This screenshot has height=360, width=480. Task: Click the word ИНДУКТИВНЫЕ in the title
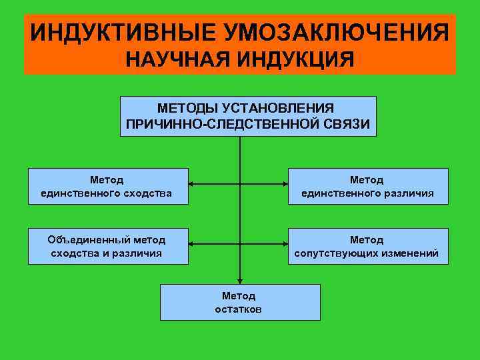coord(122,31)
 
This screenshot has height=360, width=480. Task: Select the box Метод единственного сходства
coord(107,186)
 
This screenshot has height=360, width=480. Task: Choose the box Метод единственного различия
coord(367,186)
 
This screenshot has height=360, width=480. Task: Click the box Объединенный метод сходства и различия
coord(107,246)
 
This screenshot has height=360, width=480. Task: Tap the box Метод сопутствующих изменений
coord(367,246)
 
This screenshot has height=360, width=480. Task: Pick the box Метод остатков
coord(239,302)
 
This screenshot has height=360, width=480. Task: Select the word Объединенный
coord(89,239)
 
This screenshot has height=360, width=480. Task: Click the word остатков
coord(239,309)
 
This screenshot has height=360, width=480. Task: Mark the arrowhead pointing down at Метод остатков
coord(240,281)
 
